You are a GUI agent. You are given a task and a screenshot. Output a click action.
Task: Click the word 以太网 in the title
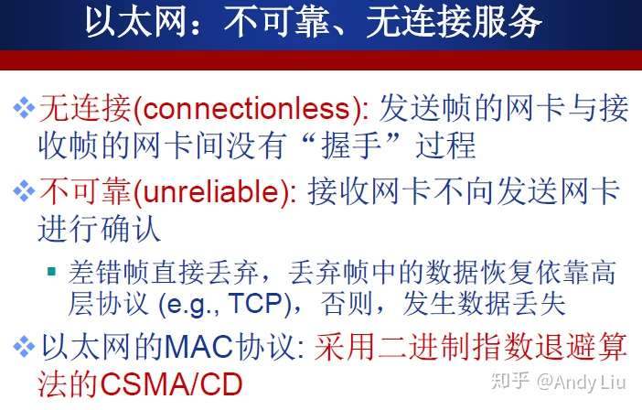pyautogui.click(x=136, y=22)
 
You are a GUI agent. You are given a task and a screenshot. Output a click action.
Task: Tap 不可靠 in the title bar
pyautogui.click(x=278, y=22)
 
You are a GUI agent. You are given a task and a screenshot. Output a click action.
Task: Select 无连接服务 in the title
pyautogui.click(x=455, y=22)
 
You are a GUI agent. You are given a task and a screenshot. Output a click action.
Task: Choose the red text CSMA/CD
pyautogui.click(x=171, y=384)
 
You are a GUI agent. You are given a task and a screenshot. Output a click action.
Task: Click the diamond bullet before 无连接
pyautogui.click(x=24, y=109)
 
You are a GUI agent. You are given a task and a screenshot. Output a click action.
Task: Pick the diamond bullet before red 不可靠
pyautogui.click(x=24, y=191)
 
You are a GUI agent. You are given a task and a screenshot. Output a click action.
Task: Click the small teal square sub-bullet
pyautogui.click(x=51, y=271)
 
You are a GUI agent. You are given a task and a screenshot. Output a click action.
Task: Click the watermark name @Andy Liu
pyautogui.click(x=582, y=383)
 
